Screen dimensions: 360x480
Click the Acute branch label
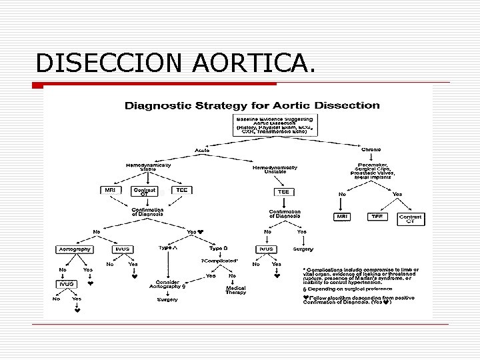(203, 149)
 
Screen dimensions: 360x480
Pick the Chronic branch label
(371, 149)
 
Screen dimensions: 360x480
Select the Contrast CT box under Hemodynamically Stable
(145, 192)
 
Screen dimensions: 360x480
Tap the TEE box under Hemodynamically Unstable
(284, 191)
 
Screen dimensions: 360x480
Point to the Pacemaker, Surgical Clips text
(375, 169)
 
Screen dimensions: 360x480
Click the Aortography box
(74, 249)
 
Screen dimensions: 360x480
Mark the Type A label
(168, 247)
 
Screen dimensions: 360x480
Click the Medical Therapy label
(236, 291)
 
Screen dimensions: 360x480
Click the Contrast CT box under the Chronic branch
(410, 219)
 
